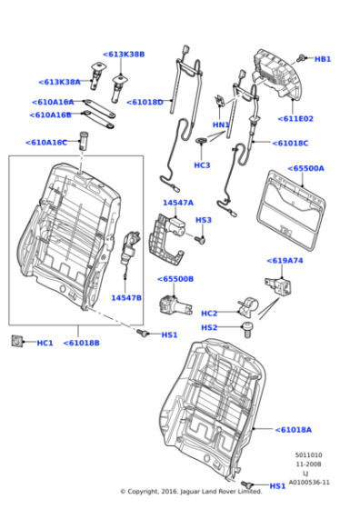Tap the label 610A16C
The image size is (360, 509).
click(46, 143)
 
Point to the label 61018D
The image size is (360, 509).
click(145, 103)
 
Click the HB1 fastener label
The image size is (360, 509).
click(323, 59)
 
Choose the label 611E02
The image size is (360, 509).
click(296, 119)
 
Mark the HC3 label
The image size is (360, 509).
click(202, 165)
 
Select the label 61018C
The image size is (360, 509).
click(291, 143)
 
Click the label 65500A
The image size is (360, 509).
click(306, 168)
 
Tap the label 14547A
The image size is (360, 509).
click(177, 203)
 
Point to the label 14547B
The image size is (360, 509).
click(125, 297)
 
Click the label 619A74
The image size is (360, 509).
click(284, 260)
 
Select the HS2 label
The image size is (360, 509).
click(209, 327)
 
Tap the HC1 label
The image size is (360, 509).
click(45, 343)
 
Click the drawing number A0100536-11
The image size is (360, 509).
click(310, 483)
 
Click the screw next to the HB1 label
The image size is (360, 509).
click(304, 57)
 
